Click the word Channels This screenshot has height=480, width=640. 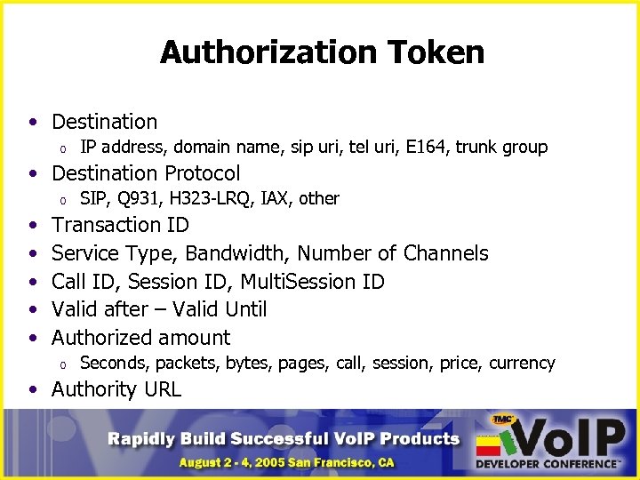[445, 253]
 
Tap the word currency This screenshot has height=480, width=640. [523, 363]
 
